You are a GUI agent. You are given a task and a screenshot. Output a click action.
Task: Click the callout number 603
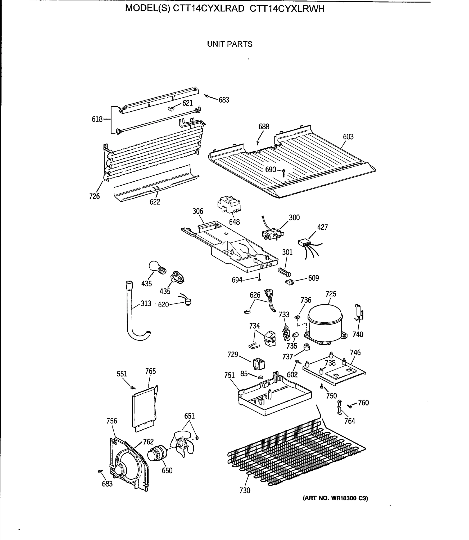click(348, 137)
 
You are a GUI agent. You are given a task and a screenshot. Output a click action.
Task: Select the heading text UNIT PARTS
click(230, 44)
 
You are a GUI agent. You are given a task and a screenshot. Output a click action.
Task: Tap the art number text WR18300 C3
click(335, 498)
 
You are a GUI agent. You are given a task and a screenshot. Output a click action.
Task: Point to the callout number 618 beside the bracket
click(97, 119)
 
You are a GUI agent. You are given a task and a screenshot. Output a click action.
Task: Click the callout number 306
click(198, 211)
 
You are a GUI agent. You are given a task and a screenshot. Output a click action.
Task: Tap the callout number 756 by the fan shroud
click(112, 421)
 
